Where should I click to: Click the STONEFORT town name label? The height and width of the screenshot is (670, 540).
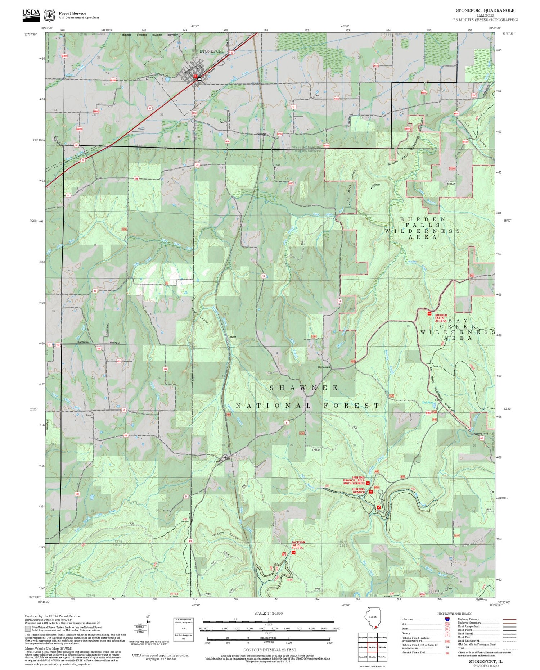click(x=212, y=51)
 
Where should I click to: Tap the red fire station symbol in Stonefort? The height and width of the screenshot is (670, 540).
click(x=195, y=77)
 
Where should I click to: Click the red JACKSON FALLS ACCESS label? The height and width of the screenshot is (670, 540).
click(x=298, y=545)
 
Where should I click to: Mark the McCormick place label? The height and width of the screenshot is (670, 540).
click(x=324, y=367)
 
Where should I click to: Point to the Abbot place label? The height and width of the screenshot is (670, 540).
click(x=233, y=337)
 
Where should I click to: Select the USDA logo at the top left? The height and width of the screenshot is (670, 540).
click(x=31, y=14)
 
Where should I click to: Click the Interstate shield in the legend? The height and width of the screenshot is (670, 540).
click(x=447, y=619)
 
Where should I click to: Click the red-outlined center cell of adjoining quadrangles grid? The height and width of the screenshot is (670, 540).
click(x=373, y=647)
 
